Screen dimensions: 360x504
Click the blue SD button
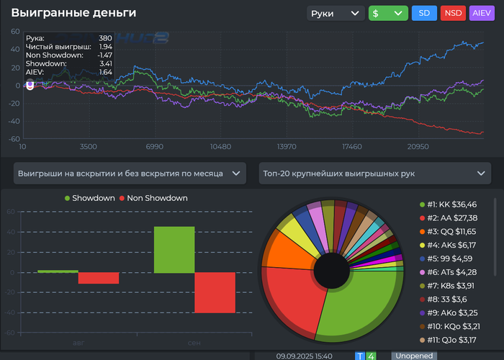tap(423, 13)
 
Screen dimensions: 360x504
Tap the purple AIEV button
tap(482, 13)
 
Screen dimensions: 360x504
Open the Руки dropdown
tap(335, 13)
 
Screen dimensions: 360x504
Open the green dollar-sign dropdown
tap(388, 13)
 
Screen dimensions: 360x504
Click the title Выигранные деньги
tap(73, 13)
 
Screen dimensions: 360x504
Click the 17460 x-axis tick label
tap(351, 147)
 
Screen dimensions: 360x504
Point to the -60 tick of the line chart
tap(14, 138)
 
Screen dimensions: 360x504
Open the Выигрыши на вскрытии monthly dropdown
tap(129, 174)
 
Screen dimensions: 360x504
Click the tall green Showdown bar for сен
tap(174, 249)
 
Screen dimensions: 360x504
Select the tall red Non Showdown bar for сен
tap(215, 292)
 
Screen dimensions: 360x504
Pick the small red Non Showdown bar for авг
tap(99, 278)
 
